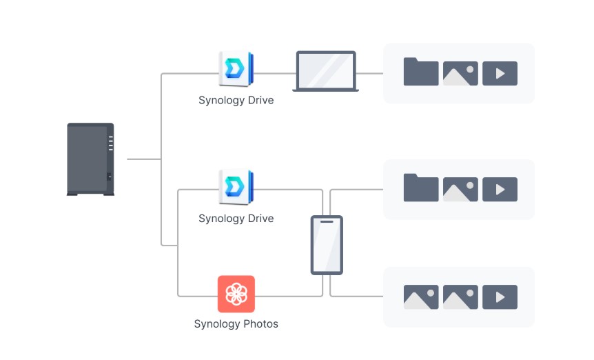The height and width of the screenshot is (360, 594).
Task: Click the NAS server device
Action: pyautogui.click(x=90, y=159)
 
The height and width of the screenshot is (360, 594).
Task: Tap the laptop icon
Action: pyautogui.click(x=325, y=72)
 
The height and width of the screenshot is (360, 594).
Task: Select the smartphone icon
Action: pyautogui.click(x=326, y=246)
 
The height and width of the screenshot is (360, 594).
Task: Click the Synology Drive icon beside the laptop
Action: pyautogui.click(x=236, y=70)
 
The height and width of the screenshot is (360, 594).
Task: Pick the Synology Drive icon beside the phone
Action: pyautogui.click(x=236, y=188)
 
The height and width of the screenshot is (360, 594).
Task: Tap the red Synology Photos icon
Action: pyautogui.click(x=236, y=294)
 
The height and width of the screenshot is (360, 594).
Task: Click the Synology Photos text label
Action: pyautogui.click(x=236, y=323)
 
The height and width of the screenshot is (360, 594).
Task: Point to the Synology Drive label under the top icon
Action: pyautogui.click(x=236, y=101)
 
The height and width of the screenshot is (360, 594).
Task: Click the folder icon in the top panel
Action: pyautogui.click(x=421, y=72)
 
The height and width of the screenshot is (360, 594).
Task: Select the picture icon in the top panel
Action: pyautogui.click(x=460, y=74)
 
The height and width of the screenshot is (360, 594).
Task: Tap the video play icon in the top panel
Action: pyautogui.click(x=500, y=74)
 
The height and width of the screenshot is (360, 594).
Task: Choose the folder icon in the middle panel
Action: pyautogui.click(x=421, y=188)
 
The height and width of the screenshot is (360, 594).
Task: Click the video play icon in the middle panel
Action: pyautogui.click(x=500, y=190)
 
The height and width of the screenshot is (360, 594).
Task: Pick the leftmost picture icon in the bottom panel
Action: pyautogui.click(x=421, y=297)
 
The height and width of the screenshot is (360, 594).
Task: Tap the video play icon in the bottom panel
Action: pyautogui.click(x=500, y=297)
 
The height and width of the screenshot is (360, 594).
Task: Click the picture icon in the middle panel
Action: pyautogui.click(x=460, y=190)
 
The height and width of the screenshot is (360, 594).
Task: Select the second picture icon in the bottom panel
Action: pyautogui.click(x=460, y=297)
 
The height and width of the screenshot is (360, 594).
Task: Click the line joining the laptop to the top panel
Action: pyautogui.click(x=371, y=73)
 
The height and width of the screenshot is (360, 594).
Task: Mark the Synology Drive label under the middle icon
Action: pyautogui.click(x=236, y=219)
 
